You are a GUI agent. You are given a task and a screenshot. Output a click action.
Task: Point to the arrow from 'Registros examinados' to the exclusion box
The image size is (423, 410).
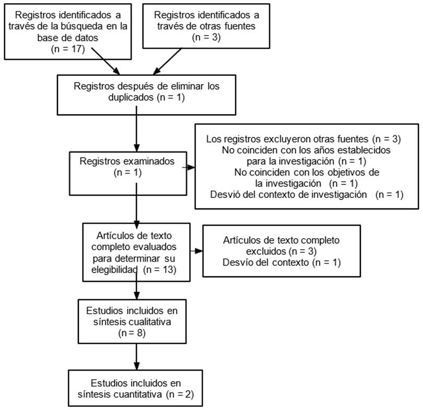(189, 168)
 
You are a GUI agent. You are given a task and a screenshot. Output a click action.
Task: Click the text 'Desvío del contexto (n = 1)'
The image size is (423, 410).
(281, 262)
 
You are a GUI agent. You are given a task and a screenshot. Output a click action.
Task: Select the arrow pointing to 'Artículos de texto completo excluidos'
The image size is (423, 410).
(197, 251)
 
